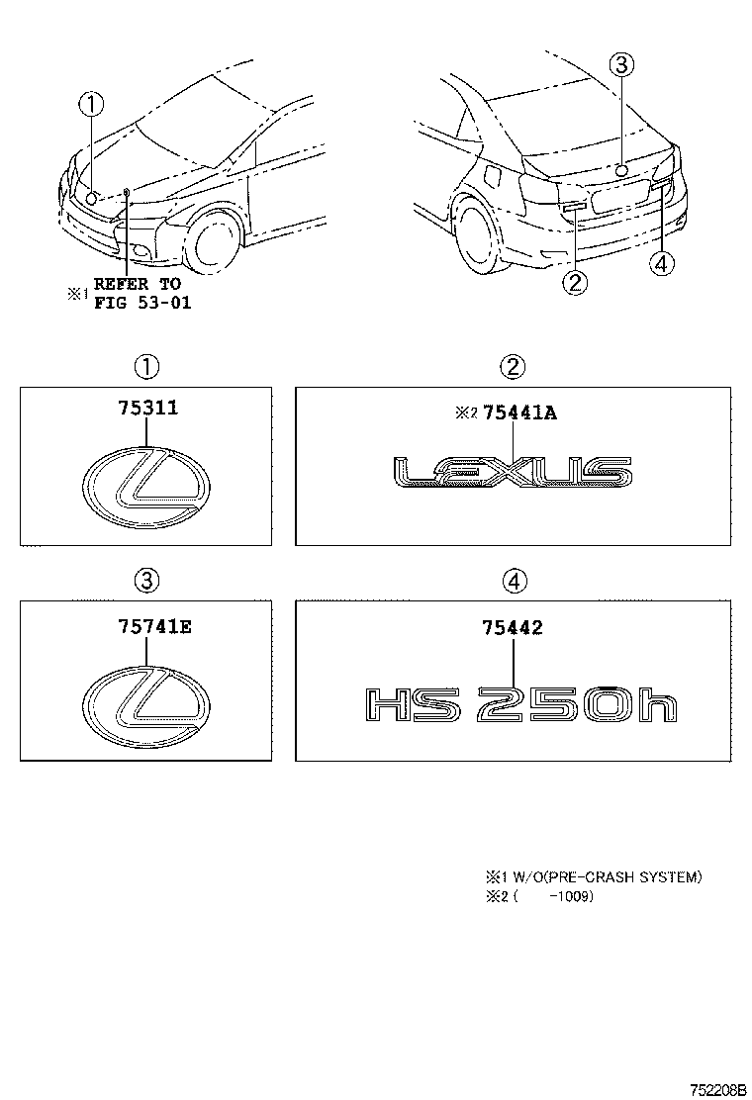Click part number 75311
tap(145, 408)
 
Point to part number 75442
tap(512, 626)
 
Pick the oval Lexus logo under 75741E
tap(145, 702)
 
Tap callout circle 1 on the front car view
tap(91, 103)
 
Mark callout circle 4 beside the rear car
tap(662, 262)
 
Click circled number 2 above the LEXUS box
tap(512, 367)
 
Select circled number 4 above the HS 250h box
tap(512, 581)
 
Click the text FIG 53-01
tap(142, 302)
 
